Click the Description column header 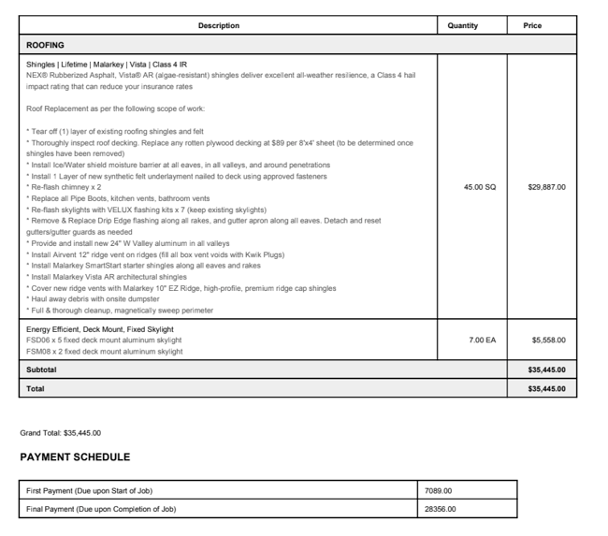(219, 25)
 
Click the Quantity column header (463, 25)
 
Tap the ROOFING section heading (45, 45)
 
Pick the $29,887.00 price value (546, 187)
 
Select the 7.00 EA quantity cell (483, 340)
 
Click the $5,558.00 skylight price (548, 340)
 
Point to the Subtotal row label (41, 369)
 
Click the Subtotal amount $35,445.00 (546, 369)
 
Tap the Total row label (35, 387)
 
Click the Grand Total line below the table (61, 433)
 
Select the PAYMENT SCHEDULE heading (75, 457)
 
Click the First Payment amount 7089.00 (439, 490)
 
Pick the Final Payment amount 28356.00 (441, 509)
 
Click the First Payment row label (89, 490)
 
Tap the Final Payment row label (100, 509)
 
